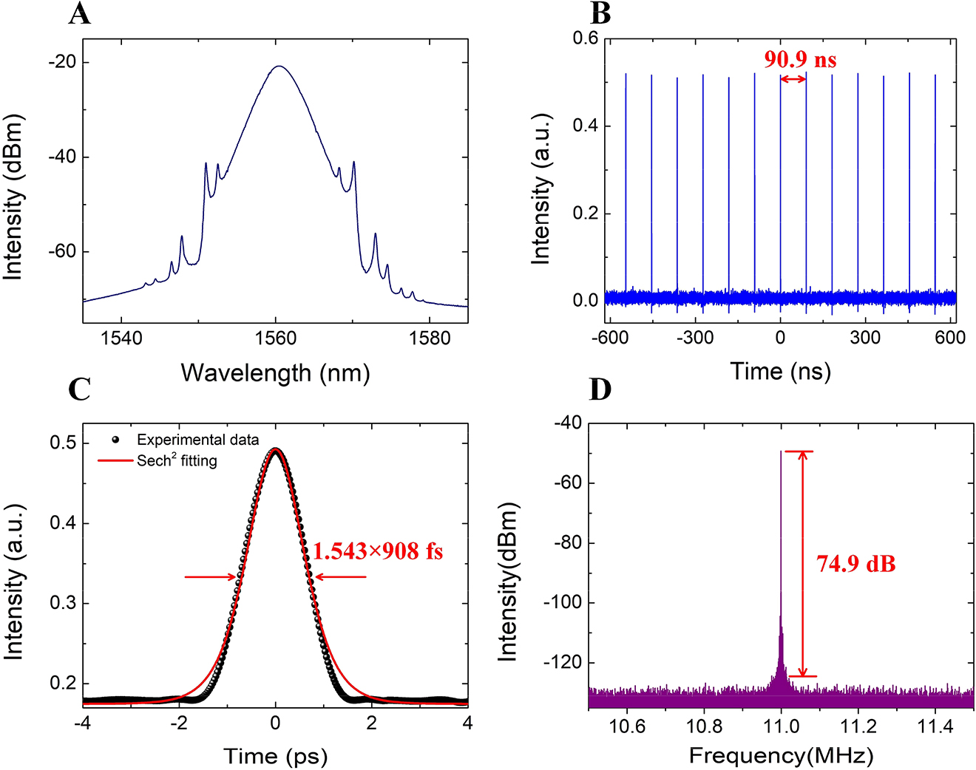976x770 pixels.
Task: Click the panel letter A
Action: click(79, 13)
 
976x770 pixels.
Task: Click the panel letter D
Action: click(600, 389)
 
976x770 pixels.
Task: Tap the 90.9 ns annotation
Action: click(800, 59)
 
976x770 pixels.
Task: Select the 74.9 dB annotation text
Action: click(855, 565)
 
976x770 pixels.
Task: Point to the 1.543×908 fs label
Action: click(378, 551)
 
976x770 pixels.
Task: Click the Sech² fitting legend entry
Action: click(177, 461)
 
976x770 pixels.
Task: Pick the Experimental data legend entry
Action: click(197, 440)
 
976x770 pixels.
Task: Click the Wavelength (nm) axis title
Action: click(275, 372)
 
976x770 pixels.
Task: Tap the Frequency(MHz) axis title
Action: click(781, 755)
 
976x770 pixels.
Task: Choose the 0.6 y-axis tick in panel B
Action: click(586, 38)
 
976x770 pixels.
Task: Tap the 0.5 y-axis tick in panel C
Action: click(63, 443)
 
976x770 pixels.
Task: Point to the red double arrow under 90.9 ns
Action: click(793, 79)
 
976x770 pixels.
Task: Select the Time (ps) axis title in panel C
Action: click(275, 756)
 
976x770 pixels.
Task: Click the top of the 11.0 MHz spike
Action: click(781, 452)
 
